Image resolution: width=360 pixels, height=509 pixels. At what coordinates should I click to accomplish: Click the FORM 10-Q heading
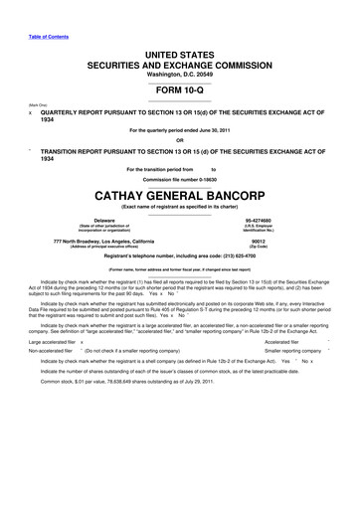coord(180,92)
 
